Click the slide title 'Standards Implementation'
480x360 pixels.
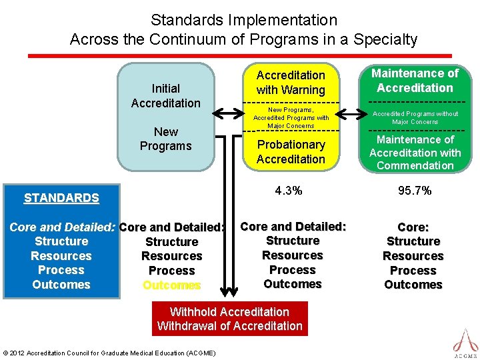pyautogui.click(x=243, y=20)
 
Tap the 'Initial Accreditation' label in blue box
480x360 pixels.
pyautogui.click(x=165, y=95)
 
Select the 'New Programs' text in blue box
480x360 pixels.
pyautogui.click(x=165, y=139)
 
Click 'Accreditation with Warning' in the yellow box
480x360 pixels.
pyautogui.click(x=291, y=82)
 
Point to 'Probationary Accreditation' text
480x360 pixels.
pyautogui.click(x=291, y=151)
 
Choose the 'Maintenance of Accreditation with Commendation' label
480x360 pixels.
pyautogui.click(x=415, y=152)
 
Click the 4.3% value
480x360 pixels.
pyautogui.click(x=288, y=191)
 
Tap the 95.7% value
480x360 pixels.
pyautogui.click(x=415, y=191)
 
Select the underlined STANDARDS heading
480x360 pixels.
pyautogui.click(x=61, y=198)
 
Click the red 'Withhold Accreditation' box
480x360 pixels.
pyautogui.click(x=229, y=319)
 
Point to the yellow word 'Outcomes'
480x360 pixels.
pyautogui.click(x=171, y=285)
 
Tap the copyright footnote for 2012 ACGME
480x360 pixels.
pyautogui.click(x=109, y=353)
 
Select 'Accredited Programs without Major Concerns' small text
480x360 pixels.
pyautogui.click(x=415, y=117)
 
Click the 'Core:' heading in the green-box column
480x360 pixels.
pyautogui.click(x=413, y=227)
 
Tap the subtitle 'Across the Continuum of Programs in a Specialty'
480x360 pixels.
pyautogui.click(x=243, y=39)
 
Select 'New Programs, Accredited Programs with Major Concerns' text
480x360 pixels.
pyautogui.click(x=291, y=117)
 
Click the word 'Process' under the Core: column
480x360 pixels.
pyautogui.click(x=413, y=271)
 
